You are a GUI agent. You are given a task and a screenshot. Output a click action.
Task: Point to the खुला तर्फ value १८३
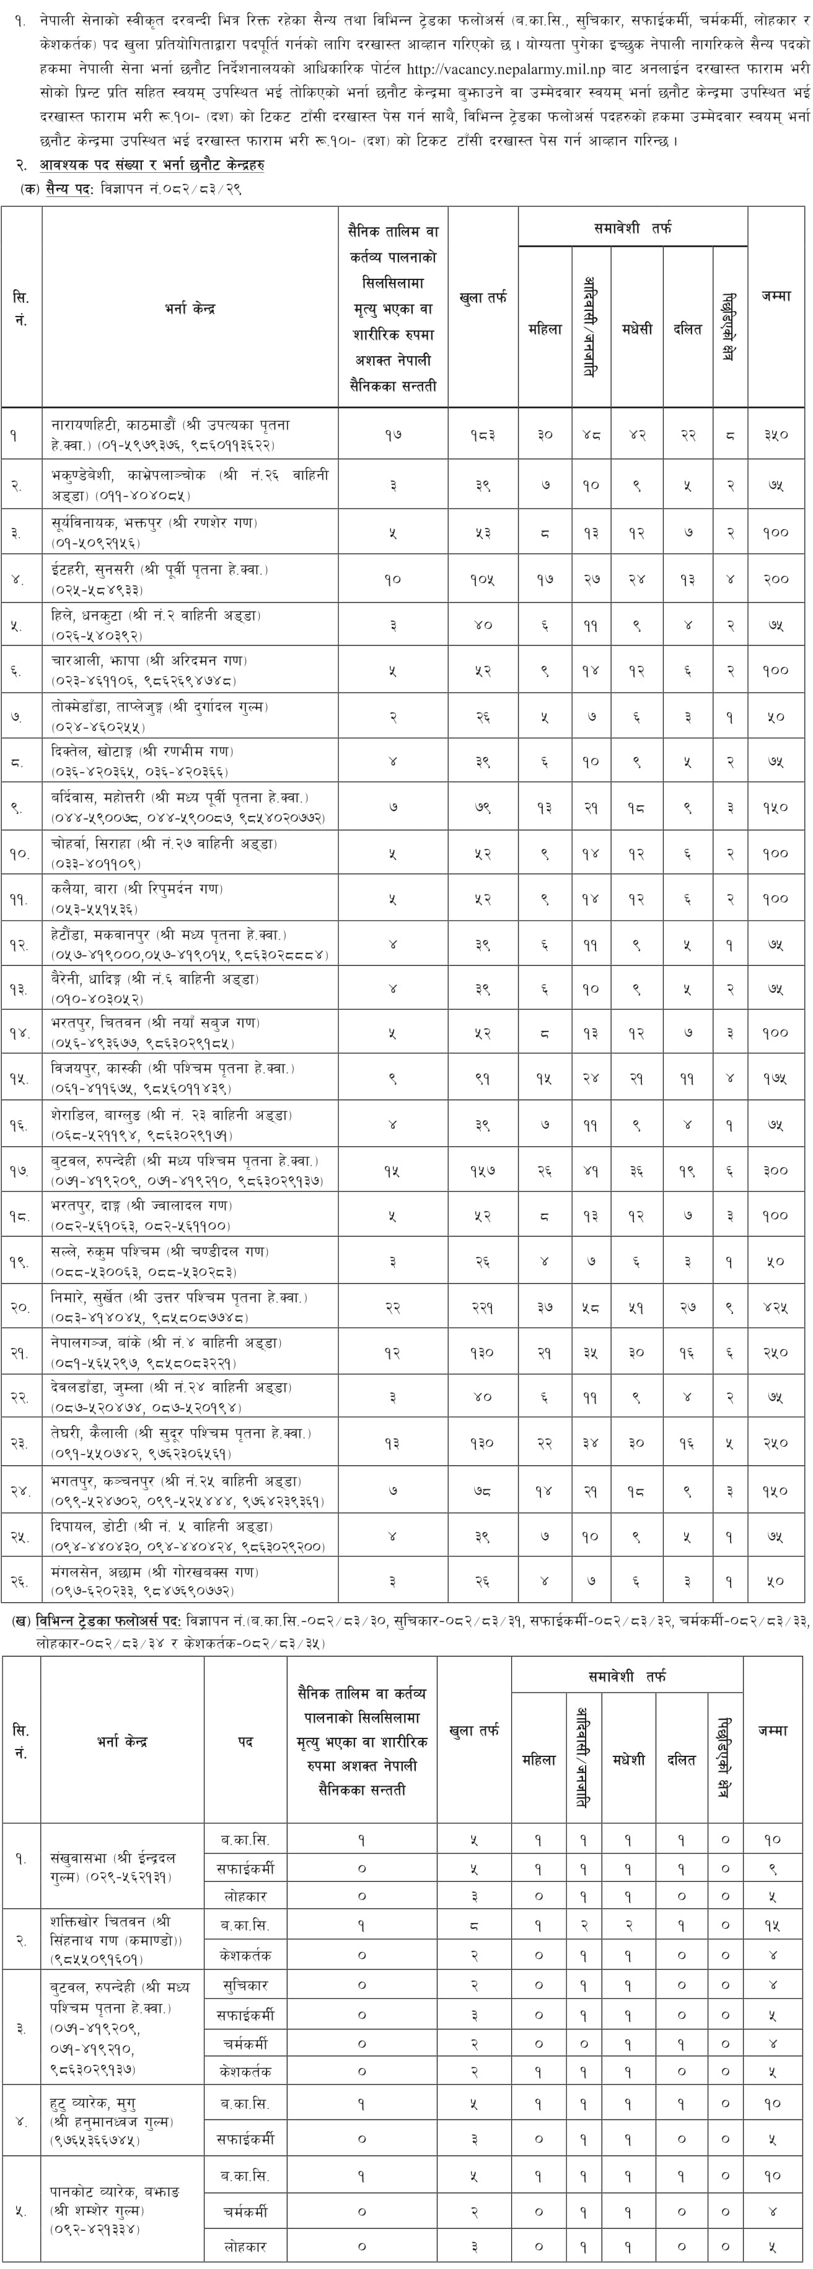coord(482,434)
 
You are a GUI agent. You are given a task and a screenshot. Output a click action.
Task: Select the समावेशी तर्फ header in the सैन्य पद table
coord(632,228)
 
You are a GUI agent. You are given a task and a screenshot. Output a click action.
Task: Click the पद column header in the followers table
coord(245,1742)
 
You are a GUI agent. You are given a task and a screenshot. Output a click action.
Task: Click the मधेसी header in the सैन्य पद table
coord(636,329)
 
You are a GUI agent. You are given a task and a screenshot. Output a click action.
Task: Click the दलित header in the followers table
coord(681,1759)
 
